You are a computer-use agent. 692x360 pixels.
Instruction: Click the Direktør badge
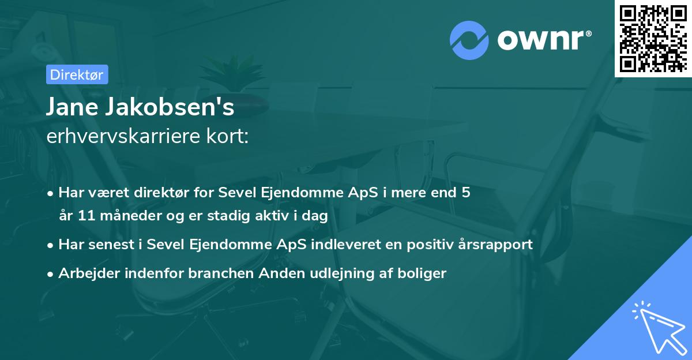77,74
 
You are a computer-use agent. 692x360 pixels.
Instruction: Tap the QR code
653,39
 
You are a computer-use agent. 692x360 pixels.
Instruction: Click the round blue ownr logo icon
469,40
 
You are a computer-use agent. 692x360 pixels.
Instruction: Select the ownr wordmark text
542,40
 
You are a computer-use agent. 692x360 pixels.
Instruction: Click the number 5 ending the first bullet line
466,192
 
